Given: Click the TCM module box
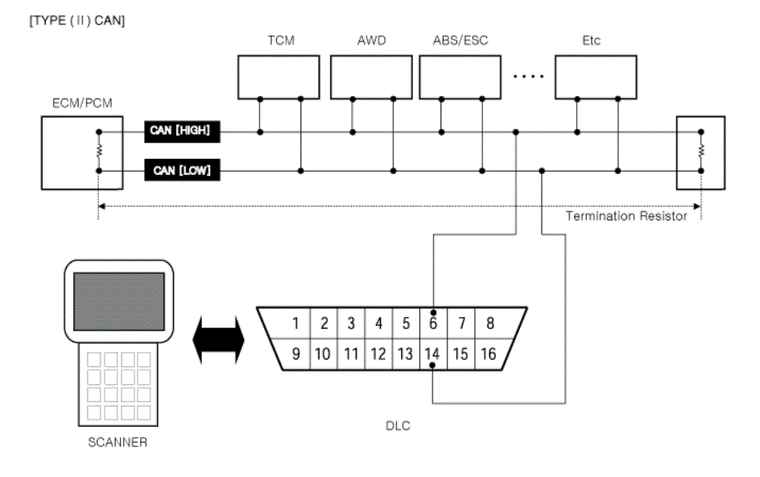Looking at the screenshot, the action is (x=279, y=77).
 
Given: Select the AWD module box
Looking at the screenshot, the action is (x=371, y=77).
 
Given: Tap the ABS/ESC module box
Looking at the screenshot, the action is (x=460, y=77).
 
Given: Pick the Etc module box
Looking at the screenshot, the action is (x=596, y=77).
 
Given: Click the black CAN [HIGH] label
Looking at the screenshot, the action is (x=183, y=131).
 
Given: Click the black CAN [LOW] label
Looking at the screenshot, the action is (x=183, y=170).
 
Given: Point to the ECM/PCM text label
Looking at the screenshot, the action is (x=82, y=103).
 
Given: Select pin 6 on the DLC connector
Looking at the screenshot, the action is (x=433, y=323).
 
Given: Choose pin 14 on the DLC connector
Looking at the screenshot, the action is (x=432, y=354).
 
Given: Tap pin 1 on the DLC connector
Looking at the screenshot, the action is (x=295, y=323).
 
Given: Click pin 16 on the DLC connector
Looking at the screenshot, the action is (x=489, y=354).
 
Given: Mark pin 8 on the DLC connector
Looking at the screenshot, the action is (x=490, y=323).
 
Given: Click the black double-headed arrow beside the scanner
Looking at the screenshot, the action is (x=219, y=340).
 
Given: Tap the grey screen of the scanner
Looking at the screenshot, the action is (x=119, y=301).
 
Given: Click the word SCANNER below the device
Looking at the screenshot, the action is (x=117, y=442).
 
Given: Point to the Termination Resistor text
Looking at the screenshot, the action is (x=626, y=216).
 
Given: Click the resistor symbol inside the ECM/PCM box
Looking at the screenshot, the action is (x=99, y=151).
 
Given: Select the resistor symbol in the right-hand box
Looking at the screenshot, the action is (x=701, y=151).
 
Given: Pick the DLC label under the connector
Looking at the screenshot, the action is (x=398, y=426).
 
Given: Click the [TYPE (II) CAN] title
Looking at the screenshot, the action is (x=77, y=20).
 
